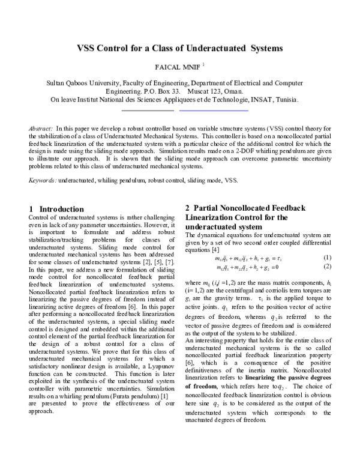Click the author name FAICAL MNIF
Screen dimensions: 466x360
pos(177,67)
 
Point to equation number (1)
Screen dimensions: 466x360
pos(327,258)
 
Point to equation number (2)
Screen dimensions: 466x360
pos(327,266)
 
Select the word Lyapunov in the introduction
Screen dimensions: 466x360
pos(159,364)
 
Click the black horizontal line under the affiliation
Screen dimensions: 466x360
pos(148,110)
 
